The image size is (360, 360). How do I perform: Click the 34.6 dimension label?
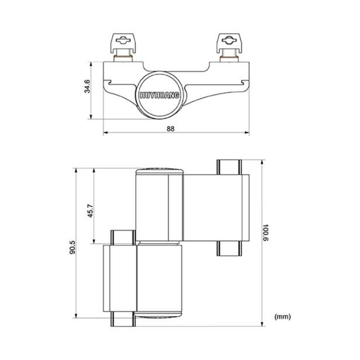click(88, 86)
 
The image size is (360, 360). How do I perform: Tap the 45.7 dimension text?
click(90, 211)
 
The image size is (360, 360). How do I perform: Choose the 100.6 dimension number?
click(266, 232)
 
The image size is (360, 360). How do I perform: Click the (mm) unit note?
click(282, 317)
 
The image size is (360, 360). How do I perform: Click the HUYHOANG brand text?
click(160, 95)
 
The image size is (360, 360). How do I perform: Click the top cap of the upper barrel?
click(159, 170)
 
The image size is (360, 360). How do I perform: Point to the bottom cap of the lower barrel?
click(159, 315)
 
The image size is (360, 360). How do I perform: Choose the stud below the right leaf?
click(229, 248)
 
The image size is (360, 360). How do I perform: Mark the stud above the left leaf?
click(122, 237)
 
